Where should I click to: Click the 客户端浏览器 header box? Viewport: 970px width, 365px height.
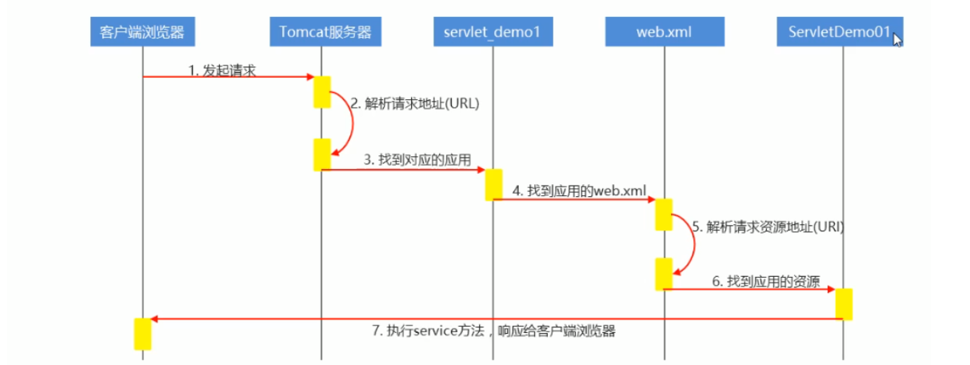pyautogui.click(x=142, y=32)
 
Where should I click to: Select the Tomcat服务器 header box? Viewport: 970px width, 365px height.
pyautogui.click(x=321, y=32)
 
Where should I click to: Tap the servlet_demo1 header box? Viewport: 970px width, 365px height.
pyautogui.click(x=493, y=32)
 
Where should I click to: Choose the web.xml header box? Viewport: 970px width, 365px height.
pyautogui.click(x=664, y=32)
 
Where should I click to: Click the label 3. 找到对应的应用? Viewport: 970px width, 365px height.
pyautogui.click(x=405, y=159)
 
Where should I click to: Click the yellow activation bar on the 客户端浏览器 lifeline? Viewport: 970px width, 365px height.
pyautogui.click(x=142, y=334)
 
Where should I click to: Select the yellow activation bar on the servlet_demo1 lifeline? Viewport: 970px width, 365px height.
pyautogui.click(x=493, y=184)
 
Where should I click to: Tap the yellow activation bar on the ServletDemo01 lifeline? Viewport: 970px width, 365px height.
pyautogui.click(x=844, y=304)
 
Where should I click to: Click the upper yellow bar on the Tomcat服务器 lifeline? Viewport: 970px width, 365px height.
pyautogui.click(x=321, y=92)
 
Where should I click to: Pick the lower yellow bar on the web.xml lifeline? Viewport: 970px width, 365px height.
pyautogui.click(x=664, y=274)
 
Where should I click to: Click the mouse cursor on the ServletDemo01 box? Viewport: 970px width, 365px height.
pyautogui.click(x=897, y=38)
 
